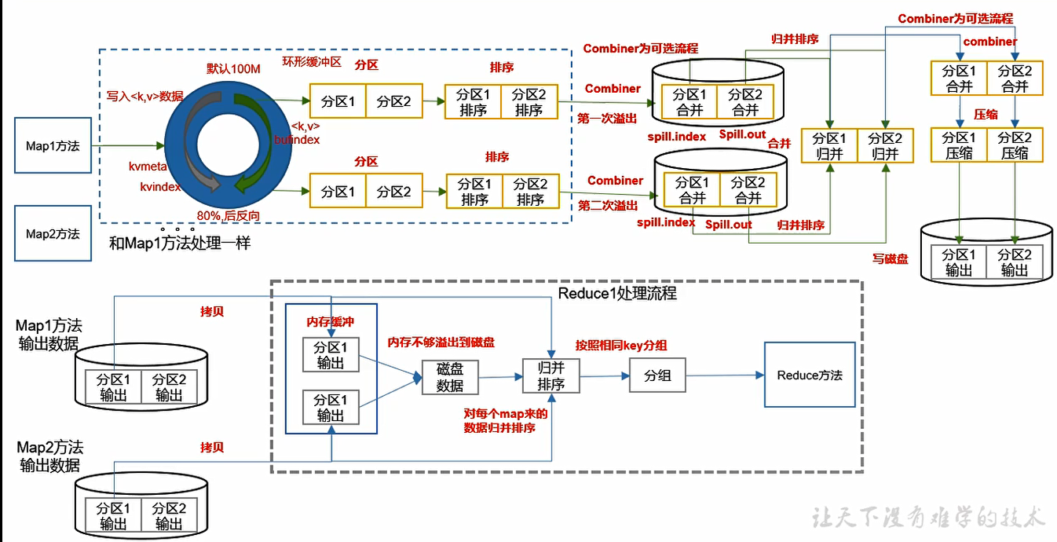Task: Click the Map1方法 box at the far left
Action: coord(52,146)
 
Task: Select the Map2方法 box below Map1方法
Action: coord(52,233)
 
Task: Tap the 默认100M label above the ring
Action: coord(233,68)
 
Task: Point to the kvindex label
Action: coord(160,187)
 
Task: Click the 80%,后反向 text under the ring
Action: coord(229,215)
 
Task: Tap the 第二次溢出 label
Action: coord(608,206)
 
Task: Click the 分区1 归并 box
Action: coord(829,146)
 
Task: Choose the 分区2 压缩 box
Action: coord(1015,145)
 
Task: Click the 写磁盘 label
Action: coord(890,258)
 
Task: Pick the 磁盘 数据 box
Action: coord(450,377)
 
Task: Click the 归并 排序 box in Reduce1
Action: coord(550,375)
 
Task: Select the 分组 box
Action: coord(657,375)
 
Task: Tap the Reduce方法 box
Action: coord(810,375)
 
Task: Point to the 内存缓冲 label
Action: coord(331,323)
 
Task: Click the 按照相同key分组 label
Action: coord(620,345)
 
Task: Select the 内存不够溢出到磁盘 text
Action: coord(441,342)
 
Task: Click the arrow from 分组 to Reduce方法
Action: coord(724,375)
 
